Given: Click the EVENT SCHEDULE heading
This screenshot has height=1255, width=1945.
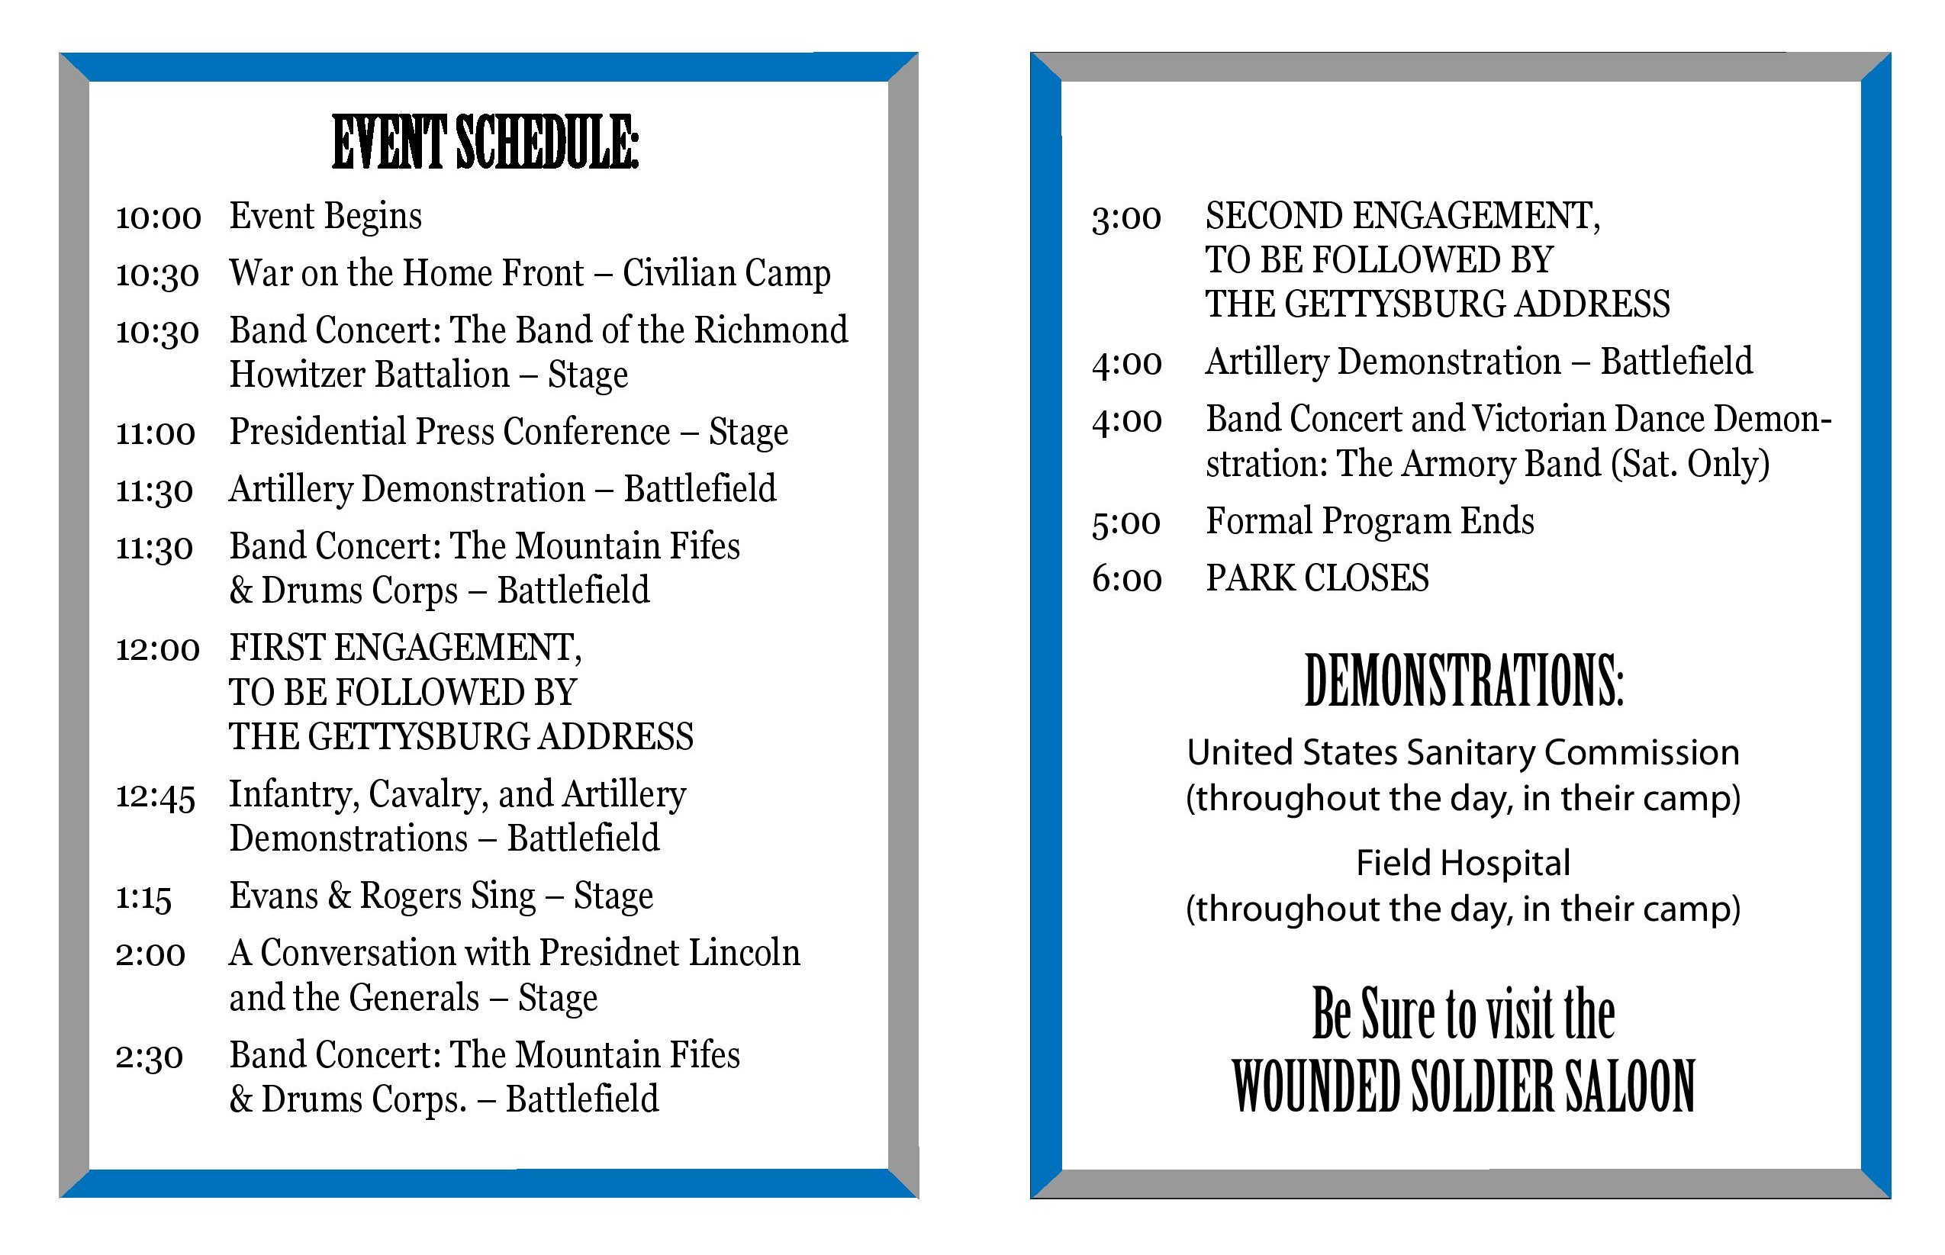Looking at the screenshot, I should (485, 143).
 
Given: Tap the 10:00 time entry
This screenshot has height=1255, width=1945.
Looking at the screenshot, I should (158, 217).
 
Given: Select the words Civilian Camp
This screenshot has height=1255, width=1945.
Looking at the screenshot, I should (726, 273).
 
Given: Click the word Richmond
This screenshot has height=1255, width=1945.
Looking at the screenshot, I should (771, 330).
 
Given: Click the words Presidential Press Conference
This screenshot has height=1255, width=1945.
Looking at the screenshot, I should (449, 432).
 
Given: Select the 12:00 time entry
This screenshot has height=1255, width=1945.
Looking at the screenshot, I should (157, 649).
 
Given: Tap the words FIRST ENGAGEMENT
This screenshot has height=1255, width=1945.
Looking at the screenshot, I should (405, 648).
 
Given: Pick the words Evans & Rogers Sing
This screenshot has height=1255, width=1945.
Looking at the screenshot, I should (382, 896).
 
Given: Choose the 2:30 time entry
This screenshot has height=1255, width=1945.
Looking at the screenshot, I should (149, 1057).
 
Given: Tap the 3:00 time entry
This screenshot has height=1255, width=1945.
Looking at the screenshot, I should (1126, 217).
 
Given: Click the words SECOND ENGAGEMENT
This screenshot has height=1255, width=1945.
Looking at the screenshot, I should (1402, 217).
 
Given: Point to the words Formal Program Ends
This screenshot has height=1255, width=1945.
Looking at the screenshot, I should (1369, 522).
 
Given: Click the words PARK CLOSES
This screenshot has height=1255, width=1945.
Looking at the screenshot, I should (1317, 578).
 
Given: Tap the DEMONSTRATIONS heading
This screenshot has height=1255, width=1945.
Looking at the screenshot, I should (1464, 681).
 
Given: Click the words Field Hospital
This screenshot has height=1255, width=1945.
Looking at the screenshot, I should (1463, 863).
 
